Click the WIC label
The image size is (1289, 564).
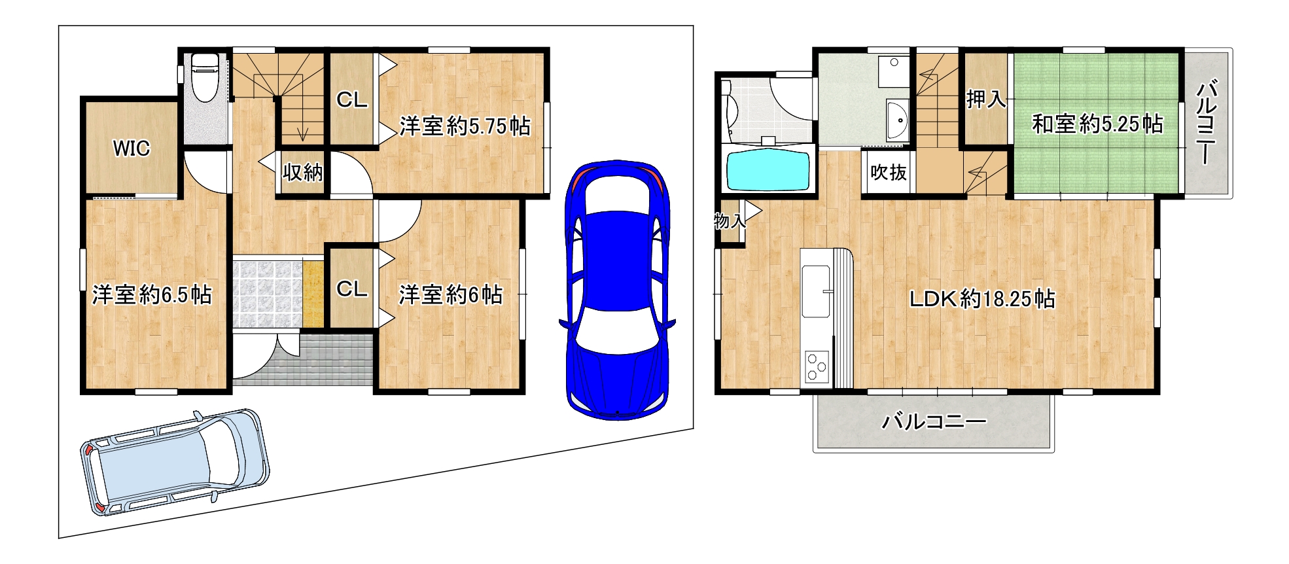pos(132,149)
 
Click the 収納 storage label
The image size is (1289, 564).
pos(302,172)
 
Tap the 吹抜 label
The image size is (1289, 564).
pos(888,172)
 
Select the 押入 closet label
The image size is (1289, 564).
pos(986,99)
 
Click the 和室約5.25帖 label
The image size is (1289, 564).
pos(1097,124)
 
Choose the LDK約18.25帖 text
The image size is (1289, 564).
pos(981,299)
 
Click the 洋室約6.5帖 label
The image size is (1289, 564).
pos(152,294)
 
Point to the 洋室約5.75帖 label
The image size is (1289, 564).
pos(465,126)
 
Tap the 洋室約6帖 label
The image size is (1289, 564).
pos(451,294)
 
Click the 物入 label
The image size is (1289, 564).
pos(730,221)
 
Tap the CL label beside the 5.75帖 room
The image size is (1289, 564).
pos(352,100)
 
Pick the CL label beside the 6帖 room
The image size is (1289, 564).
pos(352,289)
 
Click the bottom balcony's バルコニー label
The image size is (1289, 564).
pos(934,421)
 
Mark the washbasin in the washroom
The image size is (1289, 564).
pos(897,120)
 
